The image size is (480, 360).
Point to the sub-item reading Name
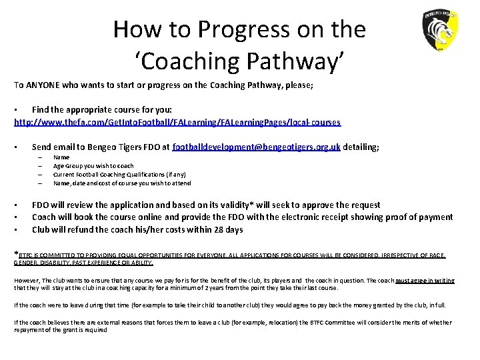coord(61,157)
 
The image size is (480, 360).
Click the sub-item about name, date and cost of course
coord(122,183)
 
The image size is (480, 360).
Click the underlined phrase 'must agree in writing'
coord(424,281)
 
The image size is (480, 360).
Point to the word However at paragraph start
coord(28,281)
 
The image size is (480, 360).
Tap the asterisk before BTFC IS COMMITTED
coord(17,253)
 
